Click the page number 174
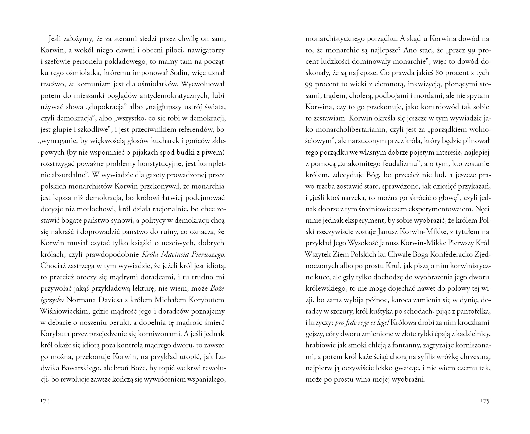(45, 401)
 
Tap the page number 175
(485, 401)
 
